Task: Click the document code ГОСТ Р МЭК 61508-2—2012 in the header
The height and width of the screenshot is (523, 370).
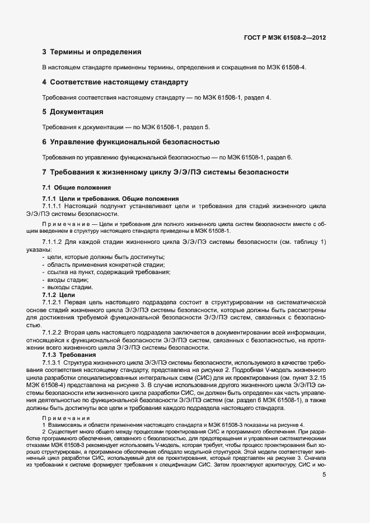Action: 285,37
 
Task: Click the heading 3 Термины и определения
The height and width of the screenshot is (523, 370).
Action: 91,53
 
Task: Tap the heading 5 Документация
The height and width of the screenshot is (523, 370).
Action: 73,112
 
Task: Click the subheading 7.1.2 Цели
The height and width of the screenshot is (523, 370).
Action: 59,294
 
